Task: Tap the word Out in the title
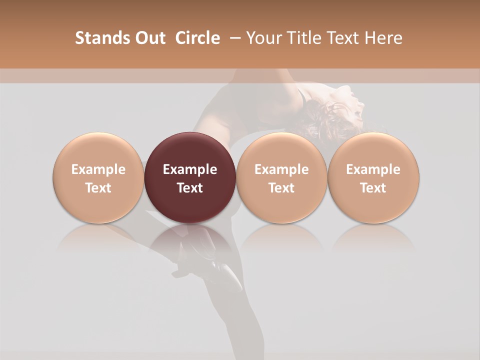tap(149, 38)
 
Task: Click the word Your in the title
tap(262, 38)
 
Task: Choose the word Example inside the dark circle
tap(190, 169)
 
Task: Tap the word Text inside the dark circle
tap(190, 188)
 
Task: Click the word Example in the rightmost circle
tap(373, 169)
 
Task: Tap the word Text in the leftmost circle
tap(98, 188)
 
